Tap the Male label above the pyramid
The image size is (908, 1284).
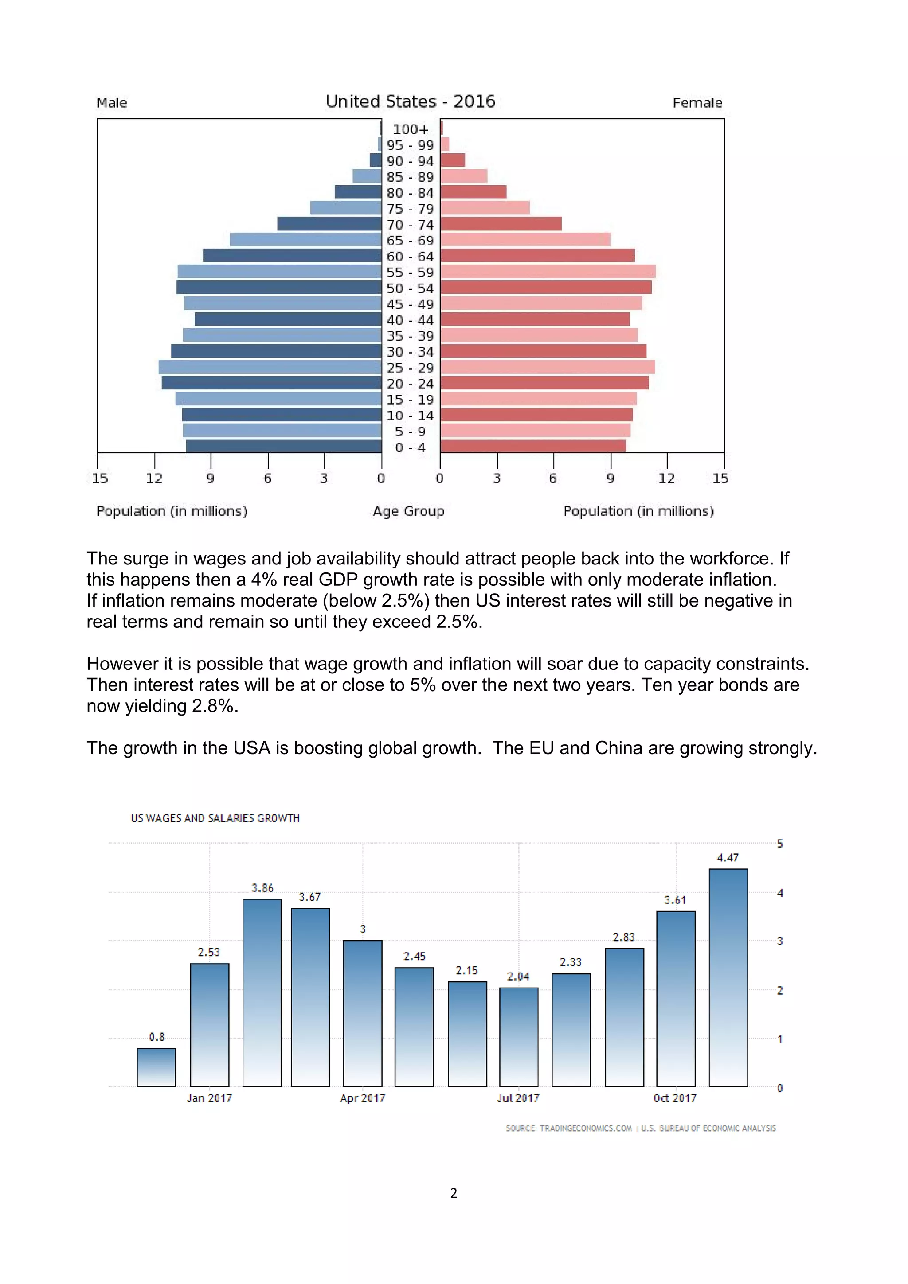pyautogui.click(x=112, y=103)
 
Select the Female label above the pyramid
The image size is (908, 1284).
pyautogui.click(x=697, y=103)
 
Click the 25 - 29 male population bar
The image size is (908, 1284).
pyautogui.click(x=270, y=367)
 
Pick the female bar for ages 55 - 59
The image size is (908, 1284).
pyautogui.click(x=548, y=272)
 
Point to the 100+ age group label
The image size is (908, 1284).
pyautogui.click(x=410, y=129)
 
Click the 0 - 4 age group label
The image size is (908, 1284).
pyautogui.click(x=410, y=447)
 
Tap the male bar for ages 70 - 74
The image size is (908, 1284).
pyautogui.click(x=329, y=224)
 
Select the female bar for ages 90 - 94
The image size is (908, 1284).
pyautogui.click(x=453, y=160)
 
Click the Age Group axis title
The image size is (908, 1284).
pyautogui.click(x=408, y=511)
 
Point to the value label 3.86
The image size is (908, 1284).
pyautogui.click(x=262, y=888)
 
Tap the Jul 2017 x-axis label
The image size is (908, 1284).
pyautogui.click(x=518, y=1098)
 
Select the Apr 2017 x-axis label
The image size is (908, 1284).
pyautogui.click(x=363, y=1098)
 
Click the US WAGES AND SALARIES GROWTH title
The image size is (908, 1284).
pyautogui.click(x=215, y=819)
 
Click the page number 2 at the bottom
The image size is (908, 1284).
pyautogui.click(x=454, y=1193)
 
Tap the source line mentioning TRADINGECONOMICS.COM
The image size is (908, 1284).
pyautogui.click(x=568, y=1128)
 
